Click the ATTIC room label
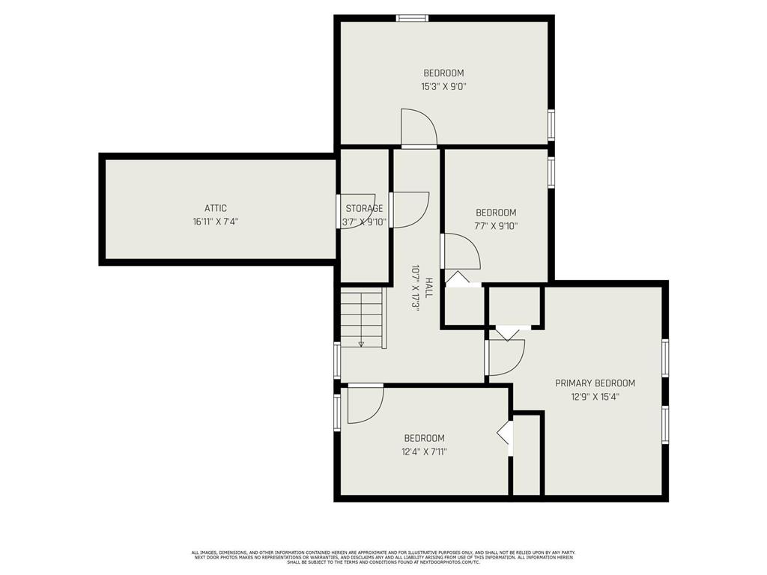[215, 208]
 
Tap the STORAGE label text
[364, 208]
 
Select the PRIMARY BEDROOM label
[595, 383]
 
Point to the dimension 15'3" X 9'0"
[443, 86]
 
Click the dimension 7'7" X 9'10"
[496, 225]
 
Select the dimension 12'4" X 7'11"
[424, 451]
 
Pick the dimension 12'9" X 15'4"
[595, 397]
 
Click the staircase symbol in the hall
[363, 319]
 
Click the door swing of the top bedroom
[418, 129]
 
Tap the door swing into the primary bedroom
[505, 357]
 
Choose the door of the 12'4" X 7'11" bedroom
[365, 404]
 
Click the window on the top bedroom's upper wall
[412, 18]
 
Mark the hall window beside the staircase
[337, 360]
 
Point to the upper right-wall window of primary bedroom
[665, 357]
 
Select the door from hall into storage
[409, 210]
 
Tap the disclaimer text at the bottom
[383, 557]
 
